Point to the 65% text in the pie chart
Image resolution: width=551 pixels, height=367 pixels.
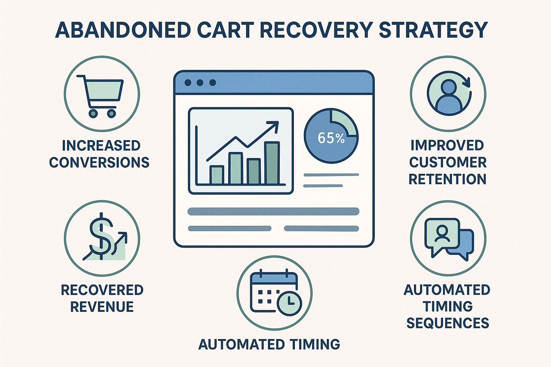(x=331, y=138)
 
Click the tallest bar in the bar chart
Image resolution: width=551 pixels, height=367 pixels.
(x=272, y=163)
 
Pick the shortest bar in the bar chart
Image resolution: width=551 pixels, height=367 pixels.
(x=216, y=175)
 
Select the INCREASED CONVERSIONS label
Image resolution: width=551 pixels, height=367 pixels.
(x=99, y=154)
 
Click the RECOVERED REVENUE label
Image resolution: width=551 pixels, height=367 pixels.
(x=102, y=298)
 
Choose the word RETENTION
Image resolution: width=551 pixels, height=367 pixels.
(x=447, y=179)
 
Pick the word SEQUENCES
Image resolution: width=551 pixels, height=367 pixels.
(x=447, y=323)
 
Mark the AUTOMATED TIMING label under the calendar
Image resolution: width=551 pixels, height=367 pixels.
(x=269, y=344)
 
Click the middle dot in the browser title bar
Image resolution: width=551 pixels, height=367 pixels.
(x=200, y=83)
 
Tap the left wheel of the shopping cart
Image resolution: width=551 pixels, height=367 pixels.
(x=93, y=113)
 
